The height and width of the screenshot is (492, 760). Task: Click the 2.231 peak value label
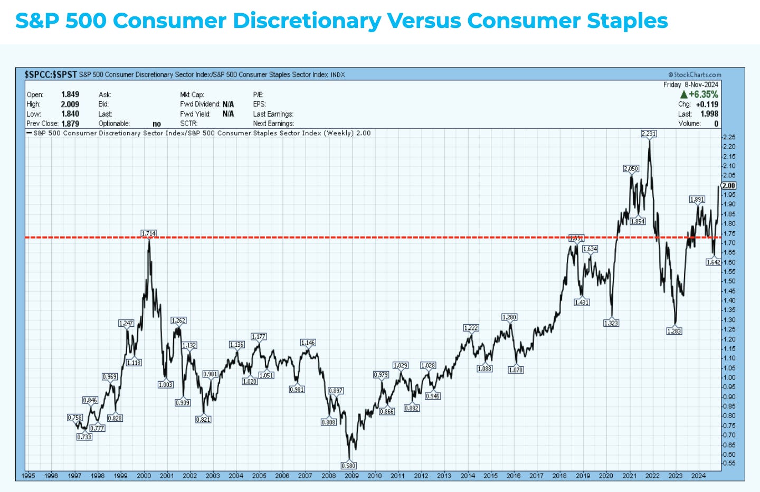click(649, 134)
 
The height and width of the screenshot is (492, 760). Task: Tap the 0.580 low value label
click(348, 466)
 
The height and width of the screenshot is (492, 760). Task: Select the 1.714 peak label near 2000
click(149, 233)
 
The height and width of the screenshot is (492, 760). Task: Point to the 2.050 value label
click(631, 168)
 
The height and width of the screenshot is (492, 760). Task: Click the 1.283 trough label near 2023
click(674, 331)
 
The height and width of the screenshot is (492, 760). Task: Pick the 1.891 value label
click(697, 199)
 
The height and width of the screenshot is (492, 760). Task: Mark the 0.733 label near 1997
click(84, 437)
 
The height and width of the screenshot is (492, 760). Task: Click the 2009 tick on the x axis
click(351, 476)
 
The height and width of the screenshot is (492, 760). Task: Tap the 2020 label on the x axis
click(606, 476)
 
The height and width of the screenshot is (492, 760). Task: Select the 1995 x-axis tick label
click(28, 476)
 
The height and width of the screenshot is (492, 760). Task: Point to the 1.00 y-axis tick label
click(729, 377)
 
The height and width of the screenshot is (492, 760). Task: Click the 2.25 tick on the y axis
click(729, 137)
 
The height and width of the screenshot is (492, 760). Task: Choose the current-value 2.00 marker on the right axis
click(729, 185)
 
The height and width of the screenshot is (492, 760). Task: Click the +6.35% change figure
click(703, 94)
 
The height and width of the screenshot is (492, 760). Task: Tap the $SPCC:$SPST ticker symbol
click(51, 74)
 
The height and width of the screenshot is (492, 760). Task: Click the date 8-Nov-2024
click(701, 84)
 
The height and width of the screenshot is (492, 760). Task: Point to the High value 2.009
click(70, 105)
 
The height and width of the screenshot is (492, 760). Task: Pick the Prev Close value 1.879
click(70, 124)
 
